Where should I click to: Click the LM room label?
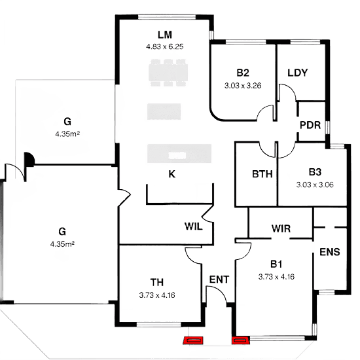point(164,34)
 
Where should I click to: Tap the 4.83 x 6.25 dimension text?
point(164,47)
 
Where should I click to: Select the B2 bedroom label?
point(243,73)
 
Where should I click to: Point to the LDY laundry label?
point(298,72)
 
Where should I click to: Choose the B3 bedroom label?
point(315,172)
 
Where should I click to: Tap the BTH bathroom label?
point(262,175)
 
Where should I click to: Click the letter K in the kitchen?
point(171,174)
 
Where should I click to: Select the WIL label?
point(193,226)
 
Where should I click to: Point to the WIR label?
point(281,229)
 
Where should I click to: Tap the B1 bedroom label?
point(276,264)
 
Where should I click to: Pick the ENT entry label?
point(219,279)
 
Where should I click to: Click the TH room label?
point(157,283)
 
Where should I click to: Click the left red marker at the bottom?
point(193,341)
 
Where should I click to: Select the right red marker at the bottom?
point(240,341)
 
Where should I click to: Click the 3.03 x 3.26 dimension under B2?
point(243,86)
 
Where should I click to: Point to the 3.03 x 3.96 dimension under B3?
point(315,185)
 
